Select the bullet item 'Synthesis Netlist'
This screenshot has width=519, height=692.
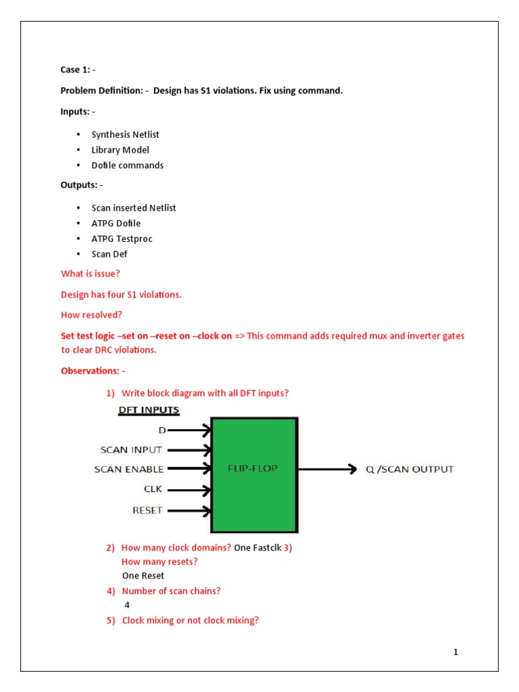pos(125,134)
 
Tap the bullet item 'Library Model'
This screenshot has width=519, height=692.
pos(120,150)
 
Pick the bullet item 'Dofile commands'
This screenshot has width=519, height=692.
pos(127,165)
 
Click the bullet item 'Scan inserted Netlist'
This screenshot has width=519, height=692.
pos(133,208)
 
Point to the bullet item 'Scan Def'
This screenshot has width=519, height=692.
pos(109,254)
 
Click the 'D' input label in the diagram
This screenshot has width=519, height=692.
pos(162,430)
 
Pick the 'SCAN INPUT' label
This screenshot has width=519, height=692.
pos(131,449)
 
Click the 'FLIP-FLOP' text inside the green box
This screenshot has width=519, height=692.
pos(253,467)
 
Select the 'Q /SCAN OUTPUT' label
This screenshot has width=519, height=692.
pos(410,469)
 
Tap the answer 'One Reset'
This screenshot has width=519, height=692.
pos(143,576)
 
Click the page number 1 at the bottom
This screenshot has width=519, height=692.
pos(456,652)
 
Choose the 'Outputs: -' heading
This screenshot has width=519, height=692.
pos(82,185)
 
